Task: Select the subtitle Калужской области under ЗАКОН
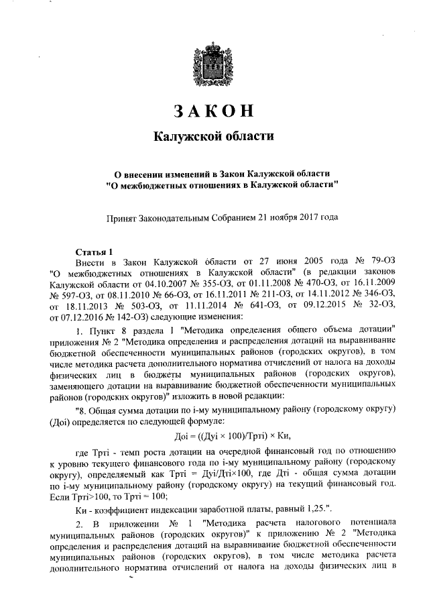pos(214,137)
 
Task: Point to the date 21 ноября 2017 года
pos(304,218)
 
